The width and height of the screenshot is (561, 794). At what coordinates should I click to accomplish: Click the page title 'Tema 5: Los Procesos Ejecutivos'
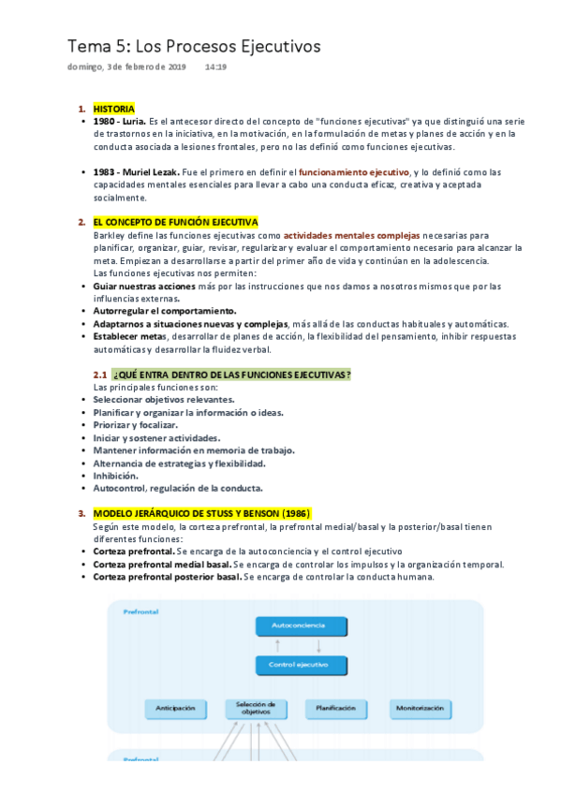(194, 46)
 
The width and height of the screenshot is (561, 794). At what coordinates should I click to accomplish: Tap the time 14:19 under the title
(214, 67)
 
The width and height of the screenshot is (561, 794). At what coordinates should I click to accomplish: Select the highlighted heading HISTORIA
(113, 109)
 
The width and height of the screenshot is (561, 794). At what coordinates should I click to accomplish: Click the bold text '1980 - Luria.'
(120, 122)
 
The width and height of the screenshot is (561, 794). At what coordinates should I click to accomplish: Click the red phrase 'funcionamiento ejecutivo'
(354, 172)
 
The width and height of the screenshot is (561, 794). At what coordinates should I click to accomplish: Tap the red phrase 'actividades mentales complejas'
(351, 235)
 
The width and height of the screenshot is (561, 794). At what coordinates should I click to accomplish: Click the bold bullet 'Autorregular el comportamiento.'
(165, 311)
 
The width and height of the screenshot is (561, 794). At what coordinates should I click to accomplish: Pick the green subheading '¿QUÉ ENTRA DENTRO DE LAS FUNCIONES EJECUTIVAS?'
(231, 375)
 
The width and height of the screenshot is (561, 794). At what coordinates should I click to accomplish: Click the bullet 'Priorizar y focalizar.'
(135, 425)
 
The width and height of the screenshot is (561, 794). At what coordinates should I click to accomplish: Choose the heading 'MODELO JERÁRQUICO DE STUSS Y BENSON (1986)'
(201, 513)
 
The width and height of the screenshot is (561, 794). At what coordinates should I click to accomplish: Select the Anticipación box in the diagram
(176, 709)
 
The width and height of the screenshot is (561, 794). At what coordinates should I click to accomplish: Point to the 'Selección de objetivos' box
(256, 709)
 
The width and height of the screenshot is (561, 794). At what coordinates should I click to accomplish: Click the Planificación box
(335, 709)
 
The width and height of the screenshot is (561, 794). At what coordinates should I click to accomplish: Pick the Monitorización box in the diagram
(419, 709)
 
